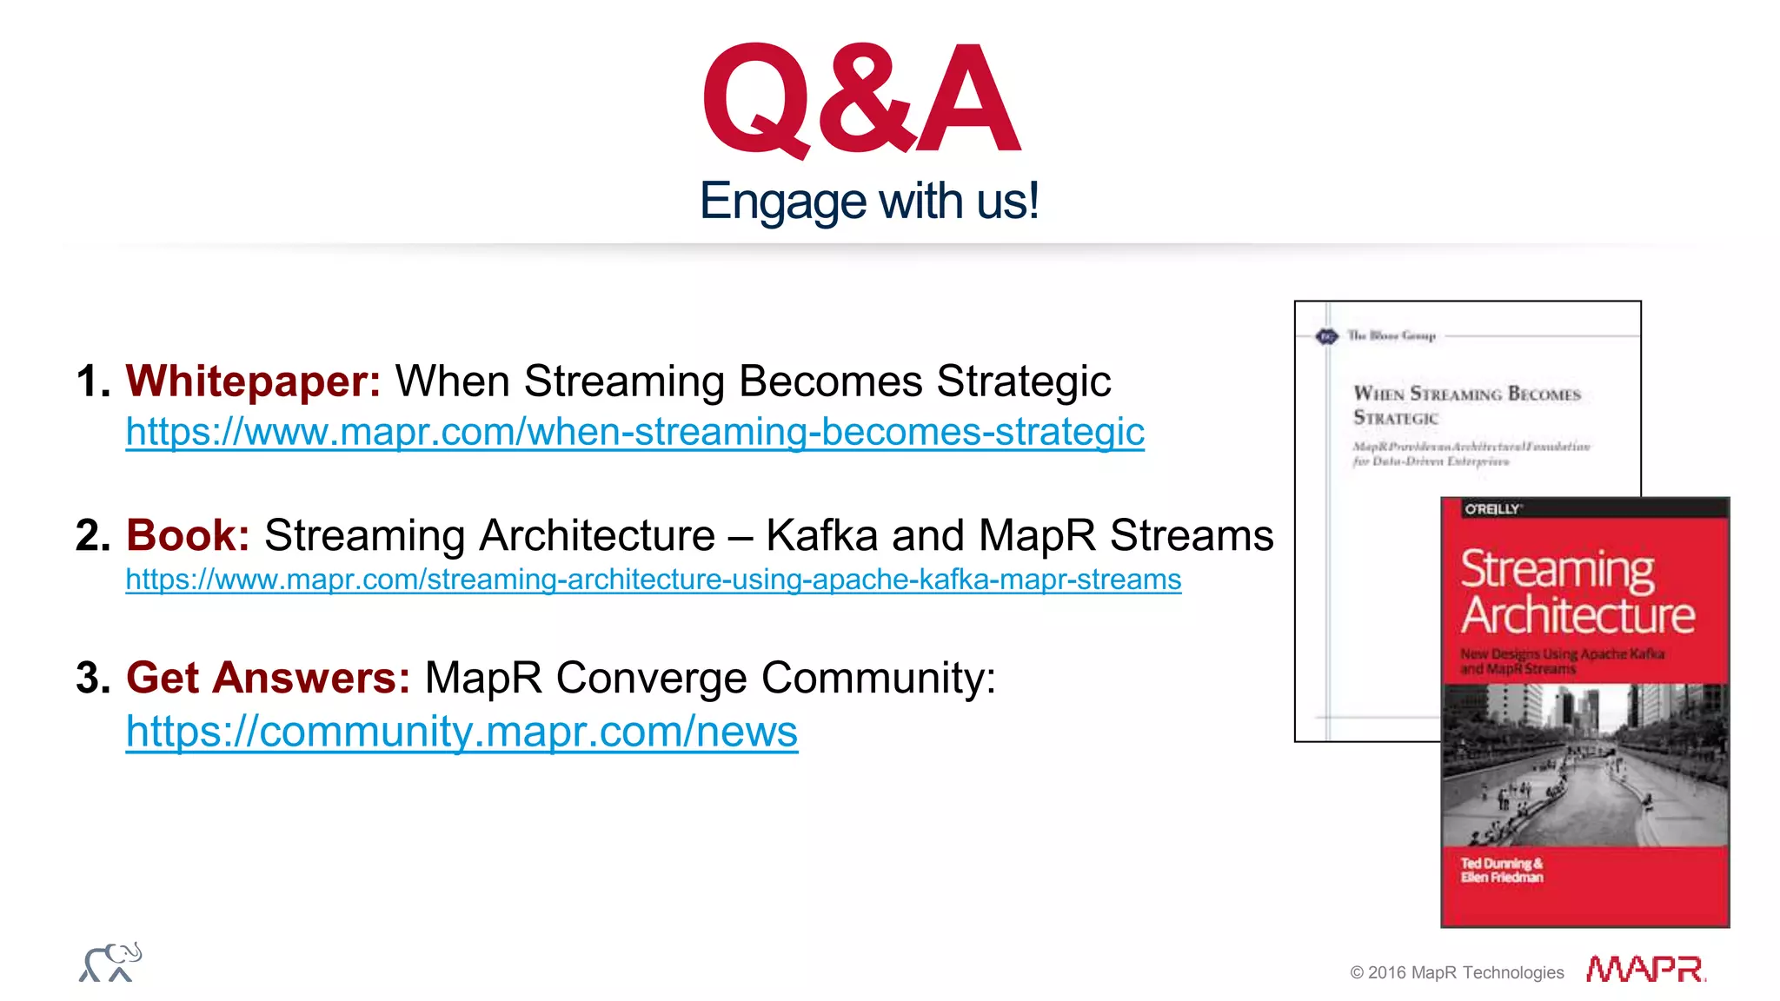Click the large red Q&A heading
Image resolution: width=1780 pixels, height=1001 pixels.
coord(860,100)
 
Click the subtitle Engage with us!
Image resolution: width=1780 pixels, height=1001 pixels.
coord(868,202)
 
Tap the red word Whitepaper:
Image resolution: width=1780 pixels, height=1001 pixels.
coord(253,381)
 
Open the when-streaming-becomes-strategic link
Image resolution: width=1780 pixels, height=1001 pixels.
coord(634,432)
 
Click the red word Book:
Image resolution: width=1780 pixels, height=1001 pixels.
coord(188,535)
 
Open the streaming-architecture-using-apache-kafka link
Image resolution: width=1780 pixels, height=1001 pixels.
coord(653,580)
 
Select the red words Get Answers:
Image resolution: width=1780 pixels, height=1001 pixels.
coord(268,678)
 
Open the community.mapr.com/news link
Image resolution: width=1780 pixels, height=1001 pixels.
coord(462,732)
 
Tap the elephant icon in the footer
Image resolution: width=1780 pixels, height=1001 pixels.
coord(110,963)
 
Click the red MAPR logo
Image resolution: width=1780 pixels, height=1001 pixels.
coord(1645,969)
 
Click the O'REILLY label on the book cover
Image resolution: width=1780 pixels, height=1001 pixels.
coord(1492,509)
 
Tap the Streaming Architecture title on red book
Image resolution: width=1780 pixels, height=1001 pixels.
coord(1577,593)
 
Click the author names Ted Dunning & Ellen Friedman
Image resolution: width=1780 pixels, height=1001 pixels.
coord(1502,870)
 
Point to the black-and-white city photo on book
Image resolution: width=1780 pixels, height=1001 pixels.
coord(1584,765)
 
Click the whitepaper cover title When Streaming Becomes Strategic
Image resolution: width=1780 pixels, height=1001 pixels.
coord(1466,405)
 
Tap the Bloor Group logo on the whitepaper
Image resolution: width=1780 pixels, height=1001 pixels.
coord(1327,336)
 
